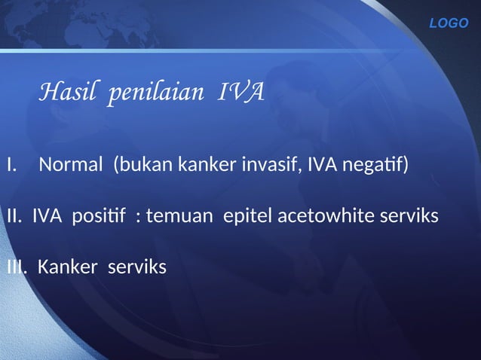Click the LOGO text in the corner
coord(449,23)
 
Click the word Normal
coord(72,163)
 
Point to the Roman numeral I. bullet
coord(11,163)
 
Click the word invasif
coord(268,163)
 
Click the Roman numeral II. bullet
coord(14,216)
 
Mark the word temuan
coord(179,216)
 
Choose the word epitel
coord(248,216)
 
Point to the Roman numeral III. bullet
coord(17,267)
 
